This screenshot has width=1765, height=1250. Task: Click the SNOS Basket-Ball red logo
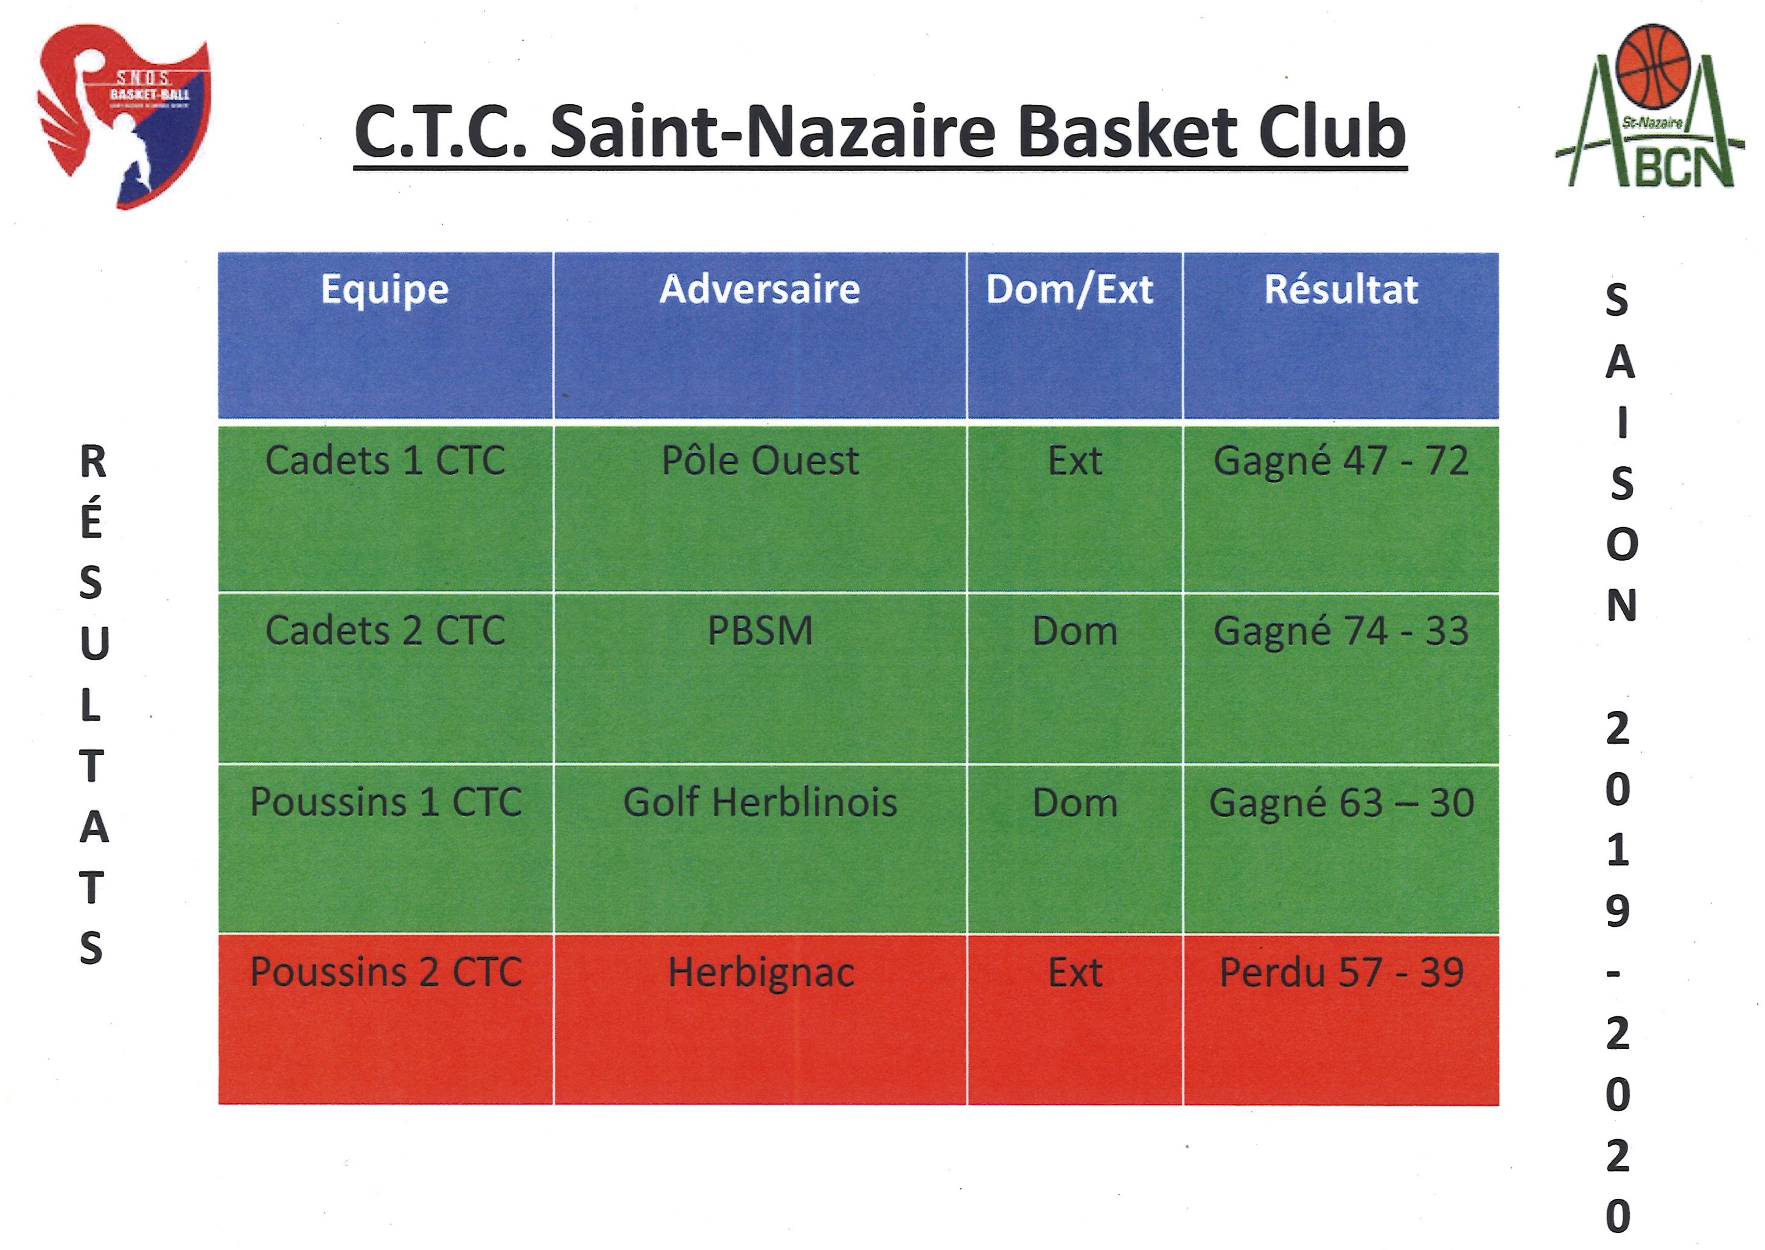[x=123, y=116]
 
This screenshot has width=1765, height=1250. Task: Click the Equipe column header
[x=385, y=290]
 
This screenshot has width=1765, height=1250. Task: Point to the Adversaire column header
[x=760, y=290]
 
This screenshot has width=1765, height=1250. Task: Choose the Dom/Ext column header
[x=1070, y=290]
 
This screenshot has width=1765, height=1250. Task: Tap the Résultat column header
[x=1341, y=290]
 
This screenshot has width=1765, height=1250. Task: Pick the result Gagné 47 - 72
[x=1341, y=462]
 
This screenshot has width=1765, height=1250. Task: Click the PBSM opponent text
[x=760, y=631]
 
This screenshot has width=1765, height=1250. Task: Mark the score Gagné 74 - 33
[x=1341, y=632]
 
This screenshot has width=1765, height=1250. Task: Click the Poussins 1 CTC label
[x=386, y=802]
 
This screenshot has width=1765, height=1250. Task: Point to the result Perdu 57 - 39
[x=1341, y=972]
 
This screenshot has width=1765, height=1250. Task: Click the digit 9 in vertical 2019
[x=1617, y=912]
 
